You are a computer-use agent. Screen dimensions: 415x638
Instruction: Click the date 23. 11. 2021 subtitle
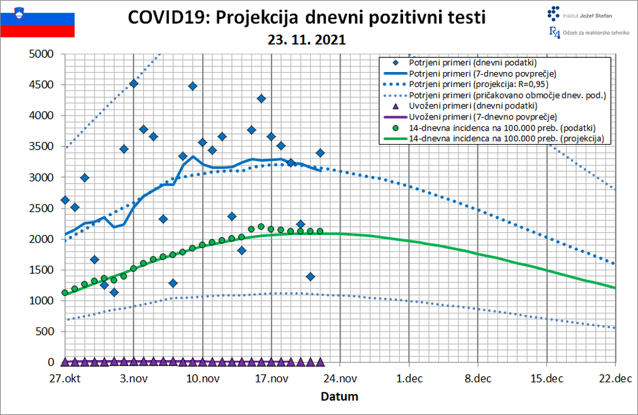pos(307,40)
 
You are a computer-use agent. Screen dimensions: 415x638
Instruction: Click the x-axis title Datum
pos(339,396)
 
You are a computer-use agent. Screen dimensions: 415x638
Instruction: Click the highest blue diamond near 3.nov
pos(134,84)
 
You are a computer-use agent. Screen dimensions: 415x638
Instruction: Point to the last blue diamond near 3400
pos(320,153)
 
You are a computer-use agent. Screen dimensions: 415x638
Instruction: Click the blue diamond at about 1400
pos(310,276)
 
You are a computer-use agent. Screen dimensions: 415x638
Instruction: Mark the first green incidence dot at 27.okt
pos(65,293)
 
